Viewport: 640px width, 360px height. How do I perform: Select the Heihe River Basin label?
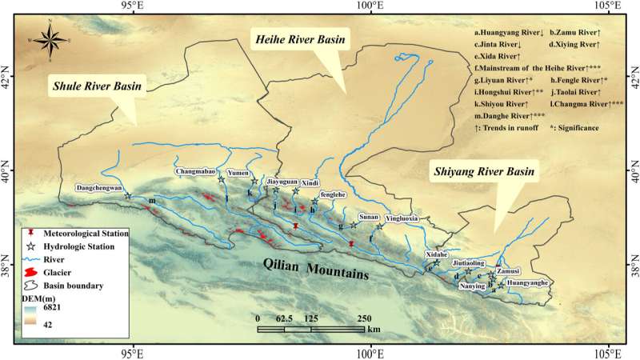(x=301, y=38)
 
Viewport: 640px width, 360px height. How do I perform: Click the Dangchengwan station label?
(x=98, y=189)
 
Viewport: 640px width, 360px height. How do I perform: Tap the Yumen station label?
(x=238, y=172)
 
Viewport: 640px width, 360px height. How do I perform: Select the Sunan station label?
(x=369, y=216)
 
